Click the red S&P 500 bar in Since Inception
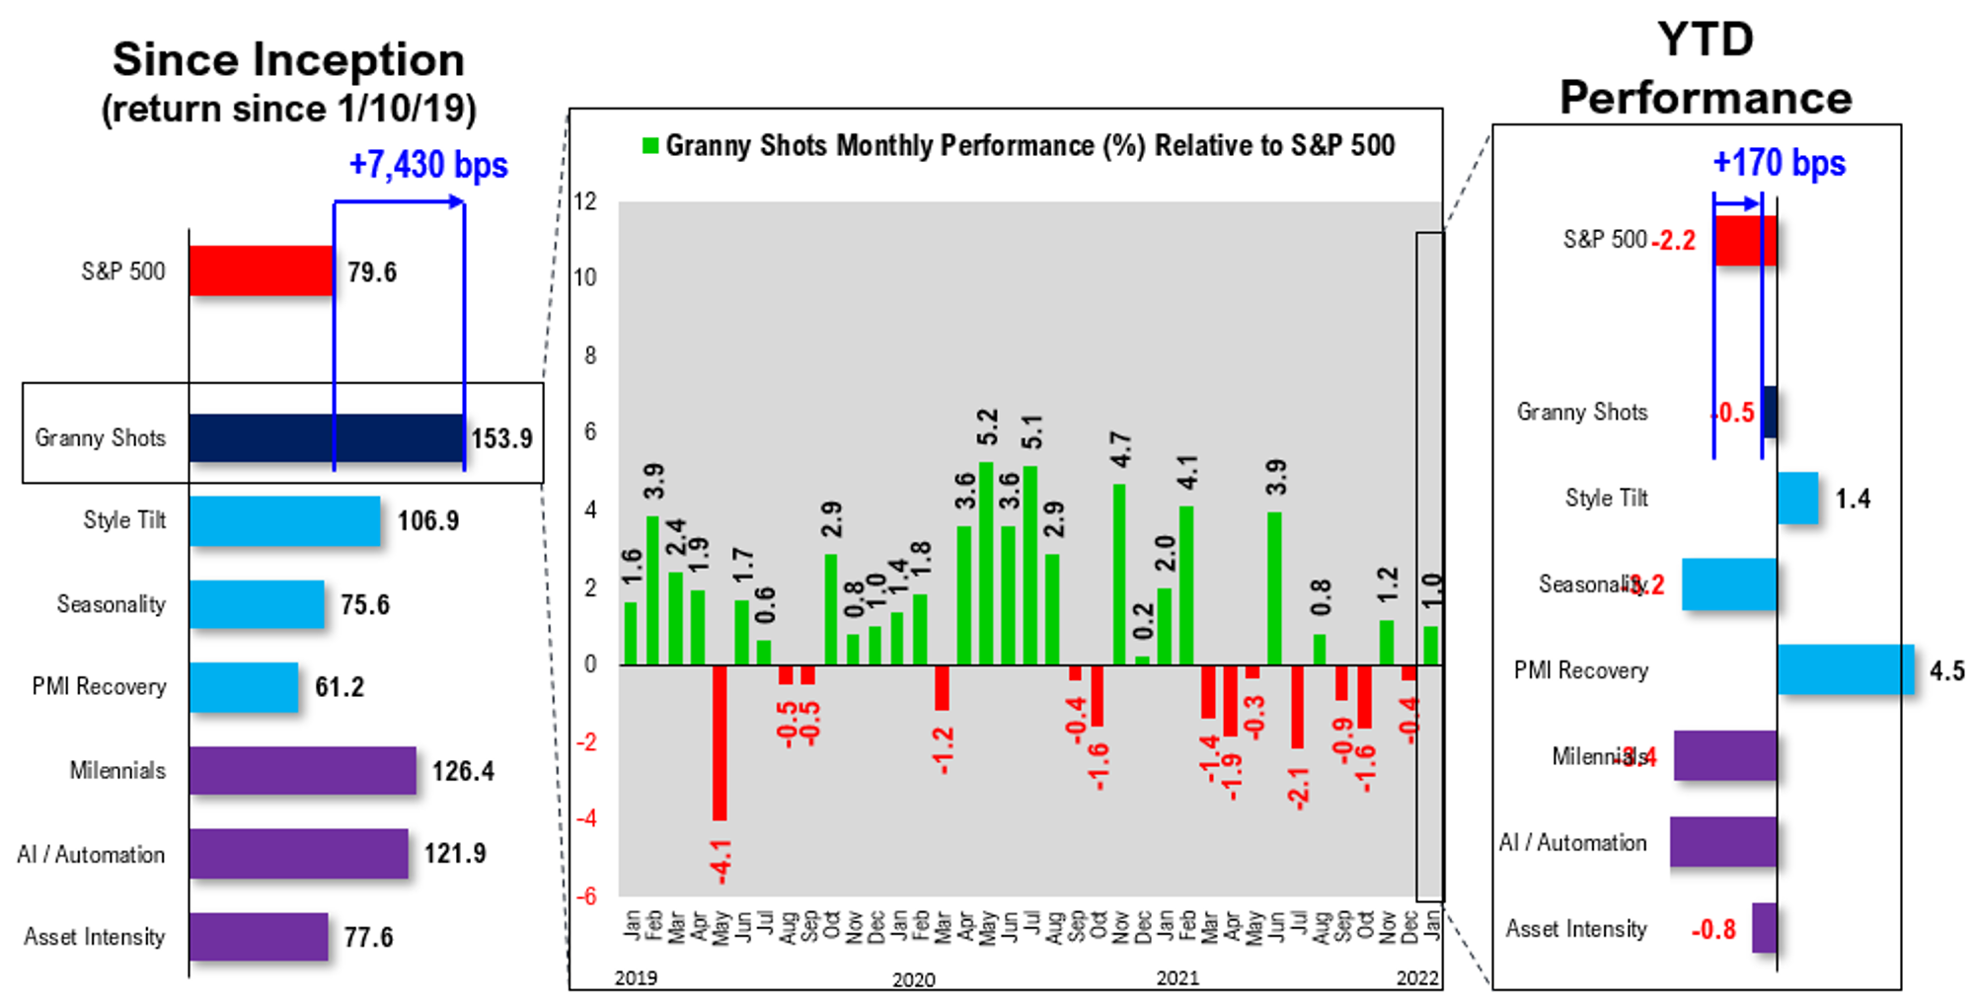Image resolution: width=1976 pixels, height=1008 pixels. pos(262,271)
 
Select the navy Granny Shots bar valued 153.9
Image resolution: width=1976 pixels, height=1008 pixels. pos(327,438)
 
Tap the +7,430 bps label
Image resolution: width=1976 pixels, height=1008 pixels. pos(428,165)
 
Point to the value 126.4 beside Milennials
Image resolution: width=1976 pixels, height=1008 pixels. pos(463,771)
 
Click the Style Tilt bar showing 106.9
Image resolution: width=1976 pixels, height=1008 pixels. pos(284,521)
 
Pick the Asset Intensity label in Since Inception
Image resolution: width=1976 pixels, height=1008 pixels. pos(95,937)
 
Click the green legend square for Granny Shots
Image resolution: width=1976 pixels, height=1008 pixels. pos(649,146)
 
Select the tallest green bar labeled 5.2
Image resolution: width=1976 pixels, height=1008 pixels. pos(986,563)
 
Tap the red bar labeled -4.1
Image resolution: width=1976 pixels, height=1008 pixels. pos(720,742)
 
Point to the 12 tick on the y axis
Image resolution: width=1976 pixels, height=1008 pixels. pos(585,201)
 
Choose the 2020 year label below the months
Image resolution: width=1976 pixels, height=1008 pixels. pos(913,979)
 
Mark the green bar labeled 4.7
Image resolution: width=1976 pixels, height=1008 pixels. pos(1119,575)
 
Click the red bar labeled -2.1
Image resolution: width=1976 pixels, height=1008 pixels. pos(1297,707)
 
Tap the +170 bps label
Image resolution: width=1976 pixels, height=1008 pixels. pos(1779,163)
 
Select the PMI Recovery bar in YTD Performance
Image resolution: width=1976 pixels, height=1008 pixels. pos(1846,669)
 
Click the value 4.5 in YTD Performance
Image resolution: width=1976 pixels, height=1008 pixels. pos(1946,671)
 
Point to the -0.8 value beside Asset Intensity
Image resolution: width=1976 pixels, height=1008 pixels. pos(1713,930)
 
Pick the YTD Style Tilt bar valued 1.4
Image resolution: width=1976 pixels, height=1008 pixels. pos(1797,499)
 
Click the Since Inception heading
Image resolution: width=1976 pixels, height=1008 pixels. pos(288,60)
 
